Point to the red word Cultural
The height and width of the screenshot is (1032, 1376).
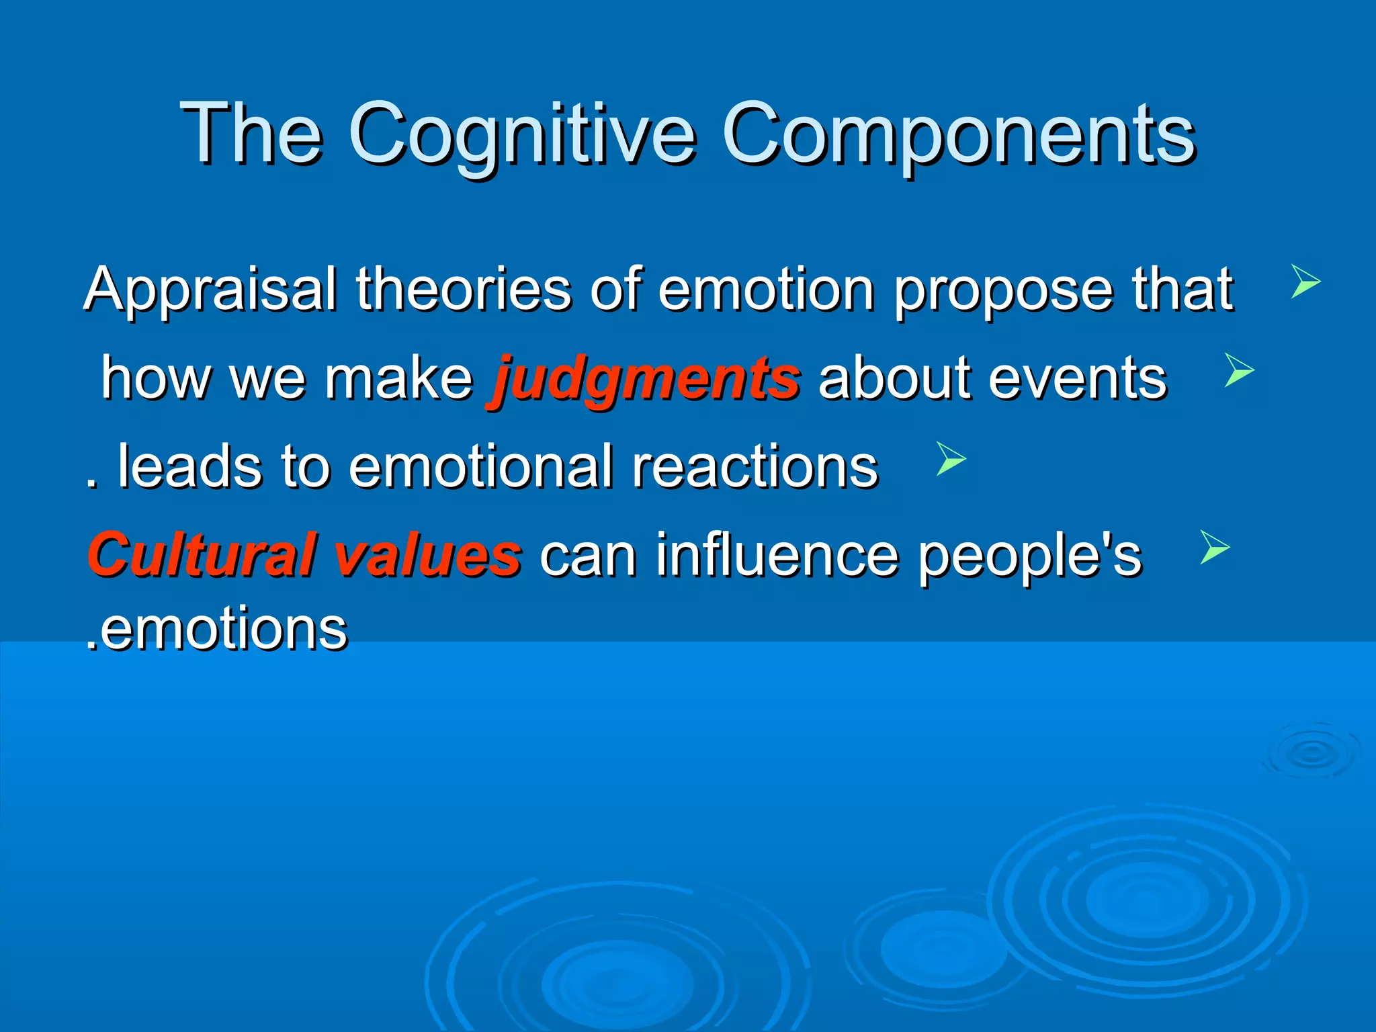click(202, 555)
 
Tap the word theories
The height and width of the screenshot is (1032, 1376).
click(464, 289)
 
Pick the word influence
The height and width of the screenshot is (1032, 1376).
click(776, 555)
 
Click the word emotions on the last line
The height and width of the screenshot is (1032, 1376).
click(222, 629)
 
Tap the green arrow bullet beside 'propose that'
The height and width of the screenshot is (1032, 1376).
click(1305, 282)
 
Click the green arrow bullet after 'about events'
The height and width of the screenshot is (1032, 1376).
click(1239, 370)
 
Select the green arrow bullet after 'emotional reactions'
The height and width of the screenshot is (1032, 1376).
click(951, 459)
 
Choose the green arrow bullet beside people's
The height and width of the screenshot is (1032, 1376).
click(1214, 547)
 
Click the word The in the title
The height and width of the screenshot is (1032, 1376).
click(251, 134)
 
